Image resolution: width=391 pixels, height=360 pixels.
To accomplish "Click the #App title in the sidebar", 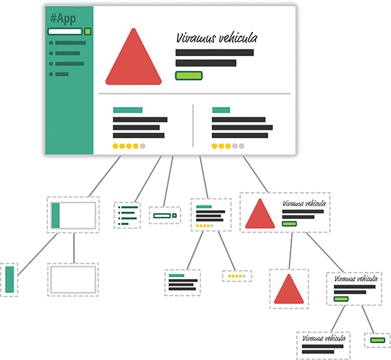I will coord(63,18).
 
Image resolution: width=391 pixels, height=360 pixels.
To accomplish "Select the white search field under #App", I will coord(65,31).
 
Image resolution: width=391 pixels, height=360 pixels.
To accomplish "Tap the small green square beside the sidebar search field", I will coord(87,31).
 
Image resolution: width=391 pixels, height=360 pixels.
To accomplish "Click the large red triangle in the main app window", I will coord(134,61).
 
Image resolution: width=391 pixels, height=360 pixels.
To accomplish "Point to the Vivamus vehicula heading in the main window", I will coord(217,38).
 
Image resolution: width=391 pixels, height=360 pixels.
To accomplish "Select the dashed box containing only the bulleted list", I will coord(127,215).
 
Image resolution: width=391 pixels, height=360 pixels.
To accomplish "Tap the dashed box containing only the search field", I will coord(164,215).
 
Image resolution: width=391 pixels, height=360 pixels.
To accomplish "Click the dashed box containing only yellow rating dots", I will coord(237,276).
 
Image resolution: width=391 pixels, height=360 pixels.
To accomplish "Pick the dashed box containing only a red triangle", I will coord(289,288).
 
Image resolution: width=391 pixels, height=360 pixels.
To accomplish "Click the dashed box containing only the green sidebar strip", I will coord(8,280).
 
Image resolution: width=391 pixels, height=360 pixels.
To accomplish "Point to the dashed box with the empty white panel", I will coord(72,280).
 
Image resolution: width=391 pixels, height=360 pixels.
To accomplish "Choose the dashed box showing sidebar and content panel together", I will coord(73,215).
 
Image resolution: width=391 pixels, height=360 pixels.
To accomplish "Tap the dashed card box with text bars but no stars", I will coord(182,283).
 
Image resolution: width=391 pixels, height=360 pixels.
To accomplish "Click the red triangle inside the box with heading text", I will coord(259,214).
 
